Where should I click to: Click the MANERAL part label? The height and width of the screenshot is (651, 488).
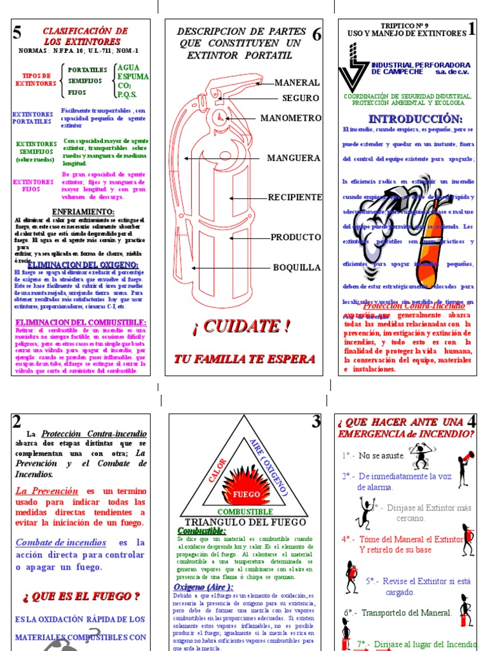[x=297, y=83]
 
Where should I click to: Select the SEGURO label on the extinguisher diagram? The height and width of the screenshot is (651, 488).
[x=301, y=98]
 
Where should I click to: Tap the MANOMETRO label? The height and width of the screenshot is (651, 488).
[x=290, y=118]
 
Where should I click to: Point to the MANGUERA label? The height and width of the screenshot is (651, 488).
[x=294, y=158]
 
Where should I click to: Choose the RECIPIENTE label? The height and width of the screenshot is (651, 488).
[x=295, y=197]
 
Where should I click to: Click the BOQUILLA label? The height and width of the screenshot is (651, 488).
[x=297, y=267]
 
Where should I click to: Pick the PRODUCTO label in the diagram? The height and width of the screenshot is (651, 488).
[x=295, y=237]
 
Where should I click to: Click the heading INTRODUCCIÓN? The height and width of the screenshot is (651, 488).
[x=415, y=119]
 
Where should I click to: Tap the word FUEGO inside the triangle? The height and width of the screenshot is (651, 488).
[x=246, y=494]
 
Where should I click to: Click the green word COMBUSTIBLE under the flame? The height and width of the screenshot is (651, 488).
[x=245, y=512]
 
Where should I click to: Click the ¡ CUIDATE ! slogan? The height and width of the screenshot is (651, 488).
[x=241, y=327]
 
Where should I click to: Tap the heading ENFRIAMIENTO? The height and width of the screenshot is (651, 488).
[x=83, y=211]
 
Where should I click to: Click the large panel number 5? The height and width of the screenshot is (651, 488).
[x=17, y=33]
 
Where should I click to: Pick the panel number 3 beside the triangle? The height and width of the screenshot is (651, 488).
[x=316, y=421]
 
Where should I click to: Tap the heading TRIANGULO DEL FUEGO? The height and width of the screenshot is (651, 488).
[x=245, y=522]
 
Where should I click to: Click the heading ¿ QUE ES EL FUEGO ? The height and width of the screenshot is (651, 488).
[x=81, y=596]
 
